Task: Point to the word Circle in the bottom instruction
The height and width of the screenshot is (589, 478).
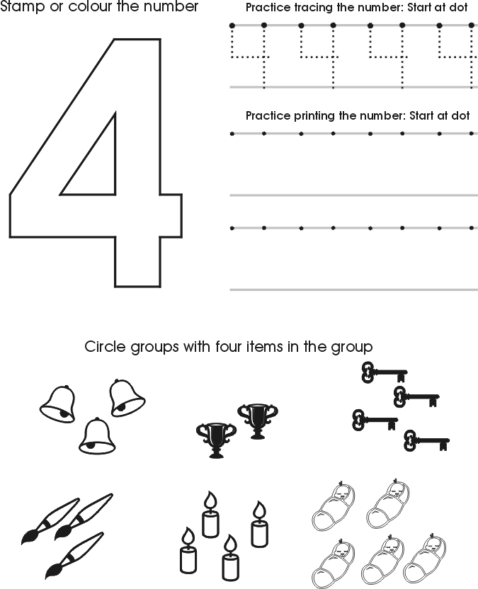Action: click(105, 347)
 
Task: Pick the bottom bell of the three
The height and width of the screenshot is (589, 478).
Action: click(96, 437)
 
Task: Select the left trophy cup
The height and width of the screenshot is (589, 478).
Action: click(215, 440)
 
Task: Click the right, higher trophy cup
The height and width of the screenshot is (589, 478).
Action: click(257, 418)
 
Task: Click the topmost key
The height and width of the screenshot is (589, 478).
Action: click(383, 372)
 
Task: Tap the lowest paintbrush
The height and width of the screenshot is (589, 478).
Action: click(71, 556)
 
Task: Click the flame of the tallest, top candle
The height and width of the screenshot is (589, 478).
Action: click(210, 502)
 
